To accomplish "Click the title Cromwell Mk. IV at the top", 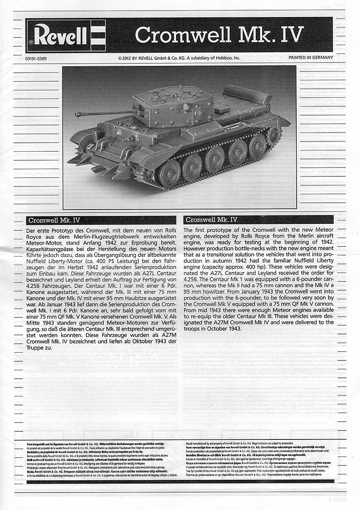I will pos(219,34).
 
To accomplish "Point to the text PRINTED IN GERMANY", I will pos(311,58).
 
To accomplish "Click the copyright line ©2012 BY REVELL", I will pos(180,58).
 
